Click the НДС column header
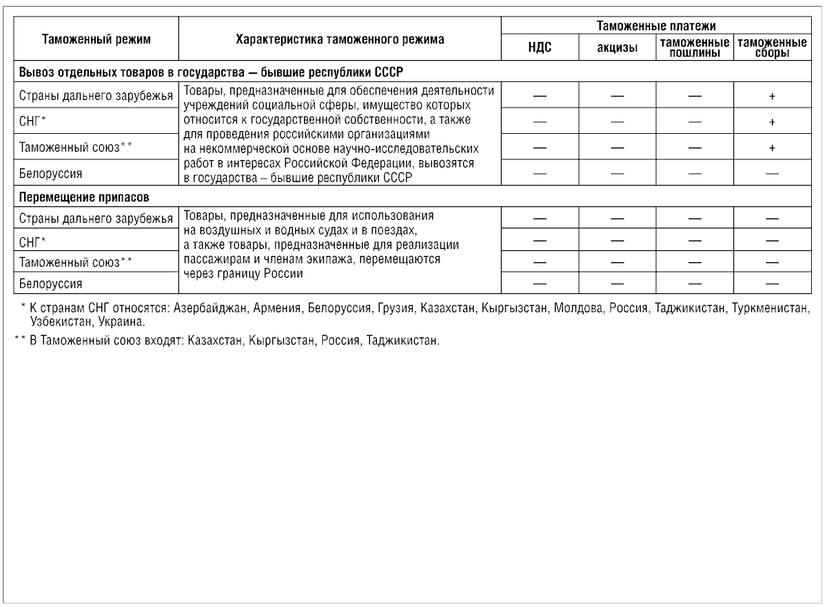(x=540, y=48)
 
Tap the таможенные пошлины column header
(x=694, y=48)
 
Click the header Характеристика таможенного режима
(x=340, y=39)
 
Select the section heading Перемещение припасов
(x=85, y=197)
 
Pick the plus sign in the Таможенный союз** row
(x=772, y=148)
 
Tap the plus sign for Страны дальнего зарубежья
(x=772, y=97)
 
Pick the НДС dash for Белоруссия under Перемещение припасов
(x=540, y=283)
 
